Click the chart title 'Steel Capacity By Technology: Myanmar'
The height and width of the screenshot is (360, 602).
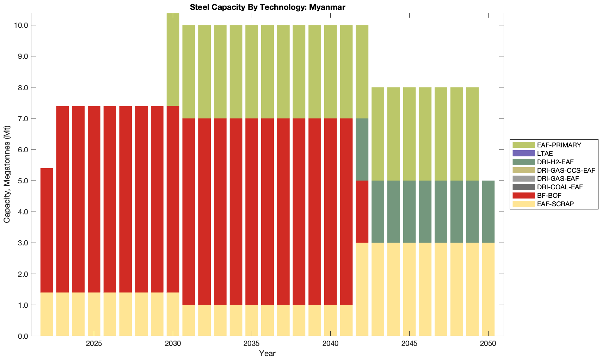268,7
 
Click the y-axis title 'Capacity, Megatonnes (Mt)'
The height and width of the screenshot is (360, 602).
7,175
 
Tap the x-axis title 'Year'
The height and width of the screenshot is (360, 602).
267,353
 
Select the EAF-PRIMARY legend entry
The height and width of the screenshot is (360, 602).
559,145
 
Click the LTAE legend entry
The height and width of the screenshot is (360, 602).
545,153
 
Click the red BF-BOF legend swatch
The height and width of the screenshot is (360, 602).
523,195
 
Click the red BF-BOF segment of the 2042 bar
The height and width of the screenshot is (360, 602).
362,212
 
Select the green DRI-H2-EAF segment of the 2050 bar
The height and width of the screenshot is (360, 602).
488,212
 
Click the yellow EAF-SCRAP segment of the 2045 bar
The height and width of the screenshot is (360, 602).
409,289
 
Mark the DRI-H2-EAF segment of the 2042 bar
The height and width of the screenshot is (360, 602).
362,150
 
